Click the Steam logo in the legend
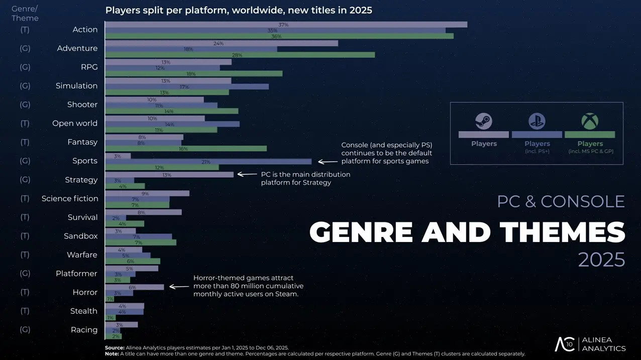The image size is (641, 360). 483,121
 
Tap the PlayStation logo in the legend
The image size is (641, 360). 537,121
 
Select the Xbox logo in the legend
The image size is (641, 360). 590,121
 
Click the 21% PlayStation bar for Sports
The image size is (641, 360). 208,162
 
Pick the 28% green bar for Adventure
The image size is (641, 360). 240,55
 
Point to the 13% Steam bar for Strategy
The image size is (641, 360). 169,175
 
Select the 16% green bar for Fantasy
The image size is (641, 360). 186,149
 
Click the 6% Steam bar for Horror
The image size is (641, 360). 134,287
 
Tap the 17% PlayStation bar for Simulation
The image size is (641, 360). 187,86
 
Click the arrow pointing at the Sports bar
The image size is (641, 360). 328,162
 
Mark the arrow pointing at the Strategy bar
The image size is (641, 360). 247,175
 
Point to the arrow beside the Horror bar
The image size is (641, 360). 179,287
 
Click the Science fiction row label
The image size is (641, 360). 70,198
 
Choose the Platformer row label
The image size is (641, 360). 76,274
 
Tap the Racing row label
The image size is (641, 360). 84,330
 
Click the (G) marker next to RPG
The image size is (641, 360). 25,67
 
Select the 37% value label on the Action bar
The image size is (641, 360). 283,25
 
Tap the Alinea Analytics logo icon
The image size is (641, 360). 564,344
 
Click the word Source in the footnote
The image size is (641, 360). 114,347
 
